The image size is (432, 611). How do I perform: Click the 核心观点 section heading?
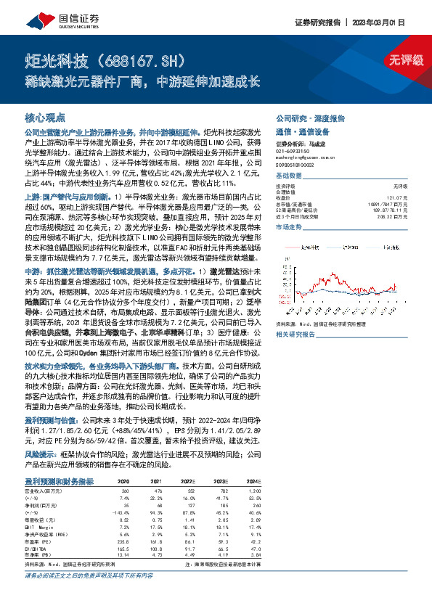click(45, 117)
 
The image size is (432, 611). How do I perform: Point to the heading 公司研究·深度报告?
click(309, 118)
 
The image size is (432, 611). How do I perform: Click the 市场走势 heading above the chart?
click(288, 226)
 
